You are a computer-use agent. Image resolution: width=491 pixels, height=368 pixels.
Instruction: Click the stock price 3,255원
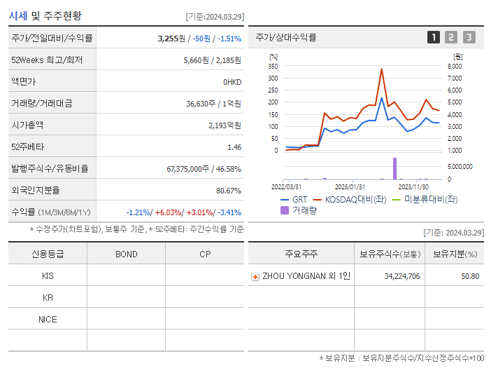pos(174,39)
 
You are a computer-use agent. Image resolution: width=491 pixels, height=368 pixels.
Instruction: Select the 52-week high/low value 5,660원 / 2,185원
pos(212,60)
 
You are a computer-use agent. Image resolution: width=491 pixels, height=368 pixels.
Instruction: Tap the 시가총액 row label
pos(27,125)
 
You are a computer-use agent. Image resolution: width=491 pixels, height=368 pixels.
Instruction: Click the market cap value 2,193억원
pos(225,125)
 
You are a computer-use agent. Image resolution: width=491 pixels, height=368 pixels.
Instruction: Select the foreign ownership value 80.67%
pos(228,191)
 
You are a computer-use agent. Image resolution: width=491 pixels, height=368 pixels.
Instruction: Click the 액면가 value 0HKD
pos(232,82)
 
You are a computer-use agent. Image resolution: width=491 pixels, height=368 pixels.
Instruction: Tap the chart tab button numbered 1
pos(434,37)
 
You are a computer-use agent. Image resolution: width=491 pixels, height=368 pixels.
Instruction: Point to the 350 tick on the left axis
pos(273,66)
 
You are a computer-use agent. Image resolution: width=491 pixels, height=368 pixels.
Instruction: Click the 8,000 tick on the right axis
pos(454,66)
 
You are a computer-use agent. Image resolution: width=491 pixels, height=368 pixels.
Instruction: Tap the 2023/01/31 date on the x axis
pos(350,186)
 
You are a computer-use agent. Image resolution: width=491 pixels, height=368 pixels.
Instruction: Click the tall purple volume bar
pos(394,168)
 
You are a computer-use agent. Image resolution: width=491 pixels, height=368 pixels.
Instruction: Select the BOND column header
pos(126,254)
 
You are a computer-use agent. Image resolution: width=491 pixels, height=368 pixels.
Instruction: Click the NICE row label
pos(48,319)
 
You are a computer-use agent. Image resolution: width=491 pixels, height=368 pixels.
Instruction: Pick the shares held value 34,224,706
pos(401,276)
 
